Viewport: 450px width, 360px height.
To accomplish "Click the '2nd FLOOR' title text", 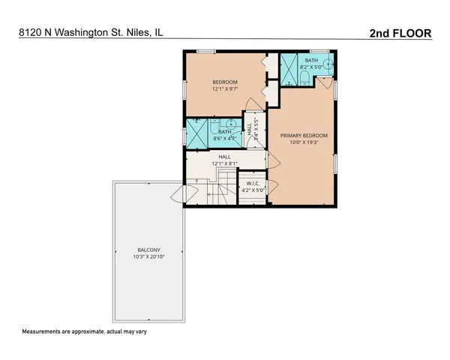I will click(400, 33).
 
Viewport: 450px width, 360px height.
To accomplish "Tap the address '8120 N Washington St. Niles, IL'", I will click(91, 33).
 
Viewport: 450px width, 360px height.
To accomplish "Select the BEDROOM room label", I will click(224, 82).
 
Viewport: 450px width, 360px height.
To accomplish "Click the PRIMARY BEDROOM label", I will click(304, 136).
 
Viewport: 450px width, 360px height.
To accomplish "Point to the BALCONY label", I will click(148, 250).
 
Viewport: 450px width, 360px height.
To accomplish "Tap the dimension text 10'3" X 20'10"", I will click(148, 257).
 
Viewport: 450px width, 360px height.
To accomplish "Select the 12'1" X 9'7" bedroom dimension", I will click(224, 89).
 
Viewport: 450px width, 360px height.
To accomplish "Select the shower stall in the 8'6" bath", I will click(197, 133).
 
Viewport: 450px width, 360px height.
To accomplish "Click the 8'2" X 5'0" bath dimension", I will click(310, 67).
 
